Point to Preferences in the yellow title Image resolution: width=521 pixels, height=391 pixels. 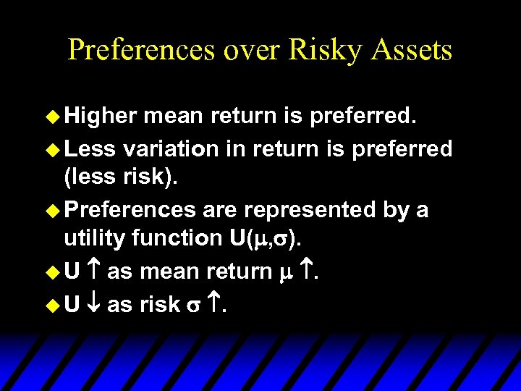142,50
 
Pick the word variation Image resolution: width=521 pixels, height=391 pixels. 171,149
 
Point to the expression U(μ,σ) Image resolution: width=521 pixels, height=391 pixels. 265,238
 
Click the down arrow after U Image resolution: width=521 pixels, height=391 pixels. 93,305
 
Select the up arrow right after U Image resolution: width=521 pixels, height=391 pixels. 93,272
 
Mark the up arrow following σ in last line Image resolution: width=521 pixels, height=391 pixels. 214,305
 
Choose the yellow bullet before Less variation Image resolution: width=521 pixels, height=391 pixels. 53,150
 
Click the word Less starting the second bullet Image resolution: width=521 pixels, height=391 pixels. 90,149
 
